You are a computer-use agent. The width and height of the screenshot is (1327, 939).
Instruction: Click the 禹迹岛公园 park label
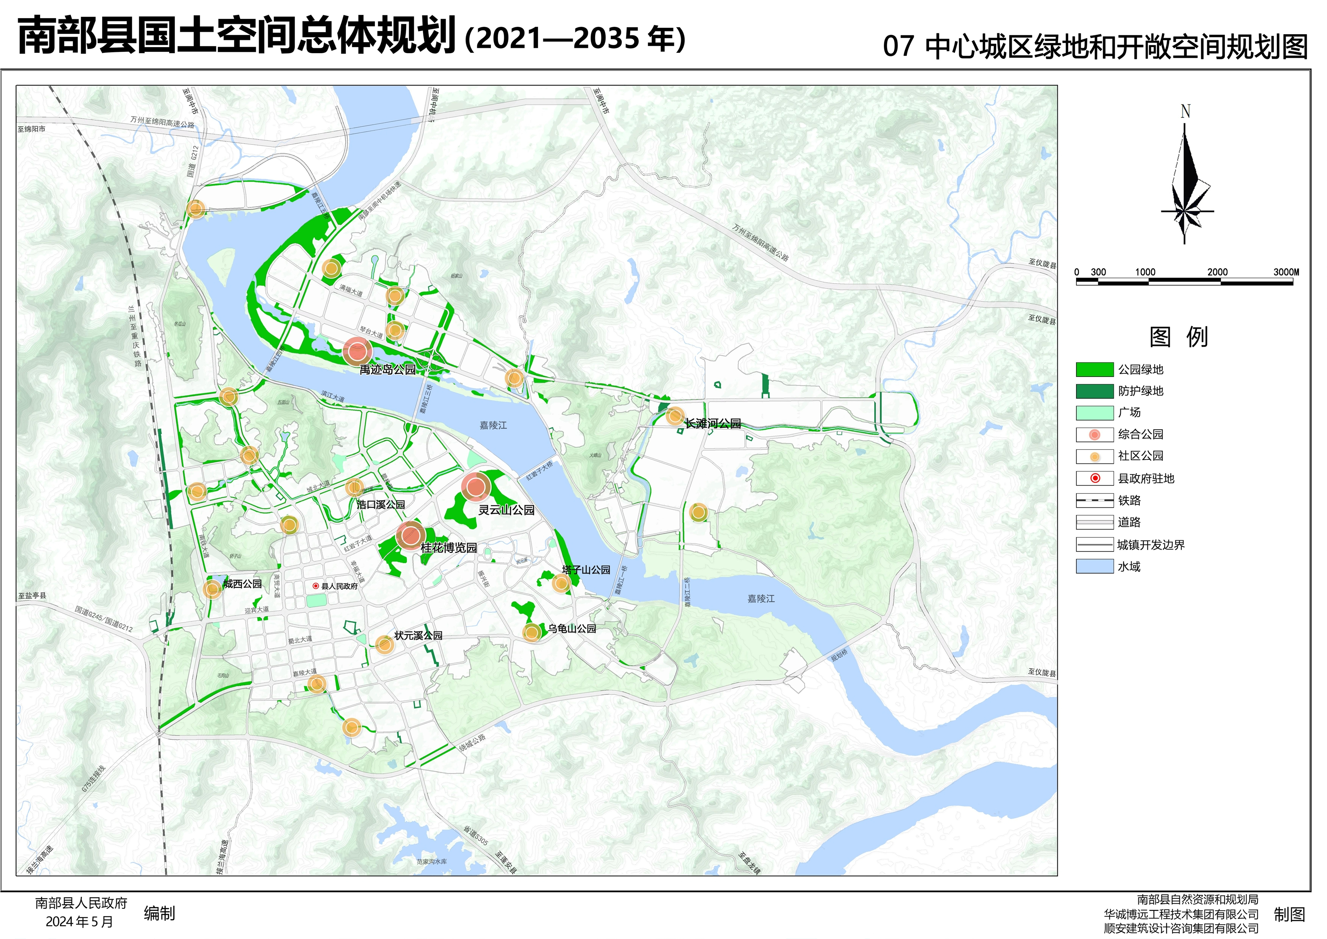(x=387, y=369)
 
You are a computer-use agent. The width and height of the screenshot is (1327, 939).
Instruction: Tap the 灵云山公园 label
(x=506, y=510)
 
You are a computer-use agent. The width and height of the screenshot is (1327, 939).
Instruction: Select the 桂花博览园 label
(x=448, y=548)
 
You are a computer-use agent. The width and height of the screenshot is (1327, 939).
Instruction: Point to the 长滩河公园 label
(x=713, y=423)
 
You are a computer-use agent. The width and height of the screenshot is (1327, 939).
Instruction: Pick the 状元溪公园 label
(x=419, y=635)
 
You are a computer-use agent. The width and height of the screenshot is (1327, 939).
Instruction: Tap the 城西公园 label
(x=243, y=584)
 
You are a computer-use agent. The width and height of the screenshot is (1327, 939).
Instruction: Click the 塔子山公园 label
(x=586, y=570)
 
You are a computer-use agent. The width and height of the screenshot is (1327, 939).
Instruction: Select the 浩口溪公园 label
(x=380, y=504)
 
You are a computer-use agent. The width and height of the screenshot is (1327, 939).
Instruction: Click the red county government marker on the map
(x=316, y=586)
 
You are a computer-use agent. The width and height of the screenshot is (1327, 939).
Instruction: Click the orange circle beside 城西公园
(x=212, y=589)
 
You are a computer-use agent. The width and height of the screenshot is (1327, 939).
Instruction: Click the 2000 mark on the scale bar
(x=1217, y=272)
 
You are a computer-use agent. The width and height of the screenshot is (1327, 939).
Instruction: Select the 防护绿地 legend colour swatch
(x=1094, y=391)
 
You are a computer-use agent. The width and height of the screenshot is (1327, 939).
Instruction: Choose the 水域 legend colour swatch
(x=1094, y=566)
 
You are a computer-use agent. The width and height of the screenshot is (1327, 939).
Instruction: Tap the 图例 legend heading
(x=1179, y=337)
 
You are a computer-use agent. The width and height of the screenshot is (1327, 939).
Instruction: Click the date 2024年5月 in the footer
(x=80, y=922)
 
